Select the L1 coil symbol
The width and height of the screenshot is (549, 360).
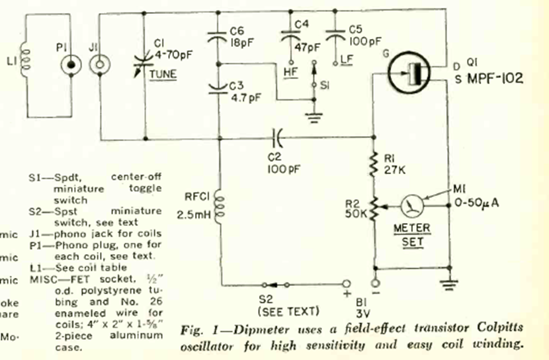pyautogui.click(x=26, y=60)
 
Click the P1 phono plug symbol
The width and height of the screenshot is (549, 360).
pyautogui.click(x=71, y=66)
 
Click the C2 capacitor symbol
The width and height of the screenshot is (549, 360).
pyautogui.click(x=278, y=138)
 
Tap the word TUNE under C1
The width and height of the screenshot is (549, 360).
pyautogui.click(x=164, y=73)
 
